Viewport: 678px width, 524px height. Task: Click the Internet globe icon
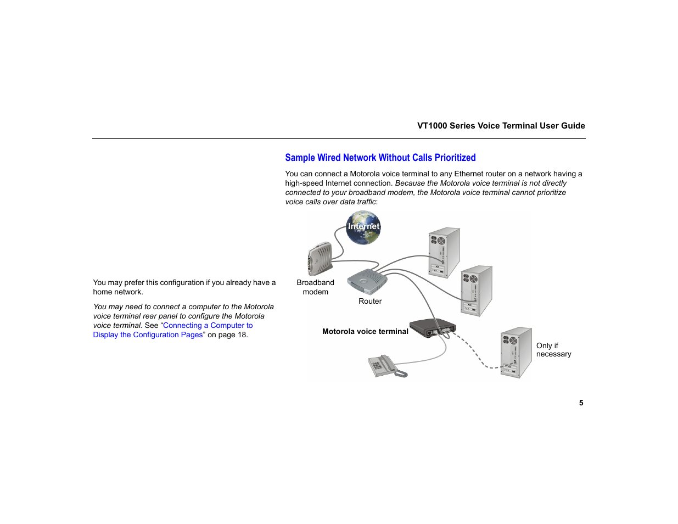[x=363, y=228]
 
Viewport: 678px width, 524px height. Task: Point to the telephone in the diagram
[x=386, y=366]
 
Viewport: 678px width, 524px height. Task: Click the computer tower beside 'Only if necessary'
[x=516, y=353]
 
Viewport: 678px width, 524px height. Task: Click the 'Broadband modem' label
[x=315, y=287]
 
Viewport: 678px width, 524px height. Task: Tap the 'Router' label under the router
[x=370, y=301]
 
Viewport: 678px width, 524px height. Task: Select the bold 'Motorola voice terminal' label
[x=365, y=331]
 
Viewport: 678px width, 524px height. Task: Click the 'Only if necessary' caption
[x=553, y=350]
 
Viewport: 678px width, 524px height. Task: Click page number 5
[x=581, y=403]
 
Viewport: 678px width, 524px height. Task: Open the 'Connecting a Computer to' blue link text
[x=208, y=325]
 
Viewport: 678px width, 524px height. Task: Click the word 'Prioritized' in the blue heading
[x=455, y=158]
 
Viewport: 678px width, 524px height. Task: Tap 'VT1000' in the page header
[x=432, y=126]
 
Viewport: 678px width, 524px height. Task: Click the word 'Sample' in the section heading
[x=300, y=158]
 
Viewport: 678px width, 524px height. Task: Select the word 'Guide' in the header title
[x=573, y=126]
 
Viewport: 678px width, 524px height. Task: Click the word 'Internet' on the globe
[x=363, y=226]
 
